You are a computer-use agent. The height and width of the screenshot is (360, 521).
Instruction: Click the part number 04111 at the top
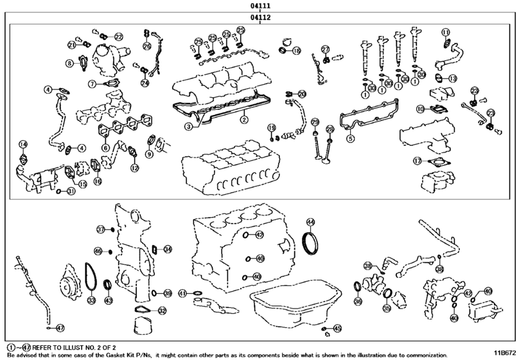[x=260, y=6]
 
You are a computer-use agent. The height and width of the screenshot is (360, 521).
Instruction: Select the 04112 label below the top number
[x=260, y=17]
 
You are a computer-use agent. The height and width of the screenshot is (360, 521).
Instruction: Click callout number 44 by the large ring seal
[x=310, y=222]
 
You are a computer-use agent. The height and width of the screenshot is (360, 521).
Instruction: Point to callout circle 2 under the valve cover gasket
[x=244, y=120]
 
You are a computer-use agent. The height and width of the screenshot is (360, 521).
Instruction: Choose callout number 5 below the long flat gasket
[x=351, y=138]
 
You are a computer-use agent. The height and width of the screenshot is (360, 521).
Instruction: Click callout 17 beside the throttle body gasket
[x=418, y=161]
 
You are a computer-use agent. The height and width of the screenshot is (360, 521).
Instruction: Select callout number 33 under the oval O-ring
[x=91, y=300]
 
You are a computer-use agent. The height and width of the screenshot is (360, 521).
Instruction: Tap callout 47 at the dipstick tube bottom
[x=60, y=328]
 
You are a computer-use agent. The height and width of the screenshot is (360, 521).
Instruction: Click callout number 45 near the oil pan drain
[x=337, y=328]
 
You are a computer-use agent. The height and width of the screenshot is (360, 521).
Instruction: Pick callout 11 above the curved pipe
[x=446, y=32]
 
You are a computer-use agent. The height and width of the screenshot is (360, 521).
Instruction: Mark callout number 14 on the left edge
[x=23, y=144]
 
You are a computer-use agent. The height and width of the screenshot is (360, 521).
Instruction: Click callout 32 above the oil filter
[x=162, y=310]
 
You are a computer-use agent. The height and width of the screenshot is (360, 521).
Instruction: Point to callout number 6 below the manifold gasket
[x=105, y=148]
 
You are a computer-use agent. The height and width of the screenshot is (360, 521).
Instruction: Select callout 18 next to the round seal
[x=296, y=51]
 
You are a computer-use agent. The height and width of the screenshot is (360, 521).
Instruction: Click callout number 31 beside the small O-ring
[x=71, y=191]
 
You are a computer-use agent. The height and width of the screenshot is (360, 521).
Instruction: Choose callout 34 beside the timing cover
[x=168, y=249]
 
